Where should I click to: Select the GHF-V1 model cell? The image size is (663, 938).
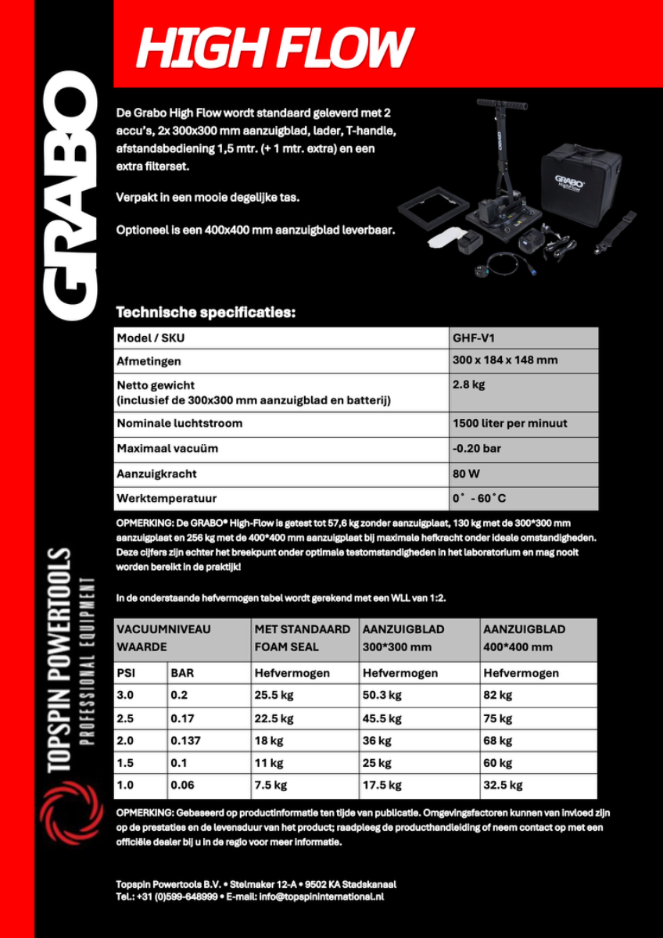click(x=474, y=338)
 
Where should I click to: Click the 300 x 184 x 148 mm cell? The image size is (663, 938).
click(x=505, y=360)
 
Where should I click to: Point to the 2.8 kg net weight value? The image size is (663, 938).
click(x=469, y=385)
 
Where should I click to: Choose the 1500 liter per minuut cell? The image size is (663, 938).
click(x=510, y=424)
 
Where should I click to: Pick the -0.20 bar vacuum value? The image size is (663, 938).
click(x=477, y=449)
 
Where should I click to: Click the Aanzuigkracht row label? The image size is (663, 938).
click(x=156, y=474)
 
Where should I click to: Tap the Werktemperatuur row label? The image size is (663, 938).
click(x=167, y=498)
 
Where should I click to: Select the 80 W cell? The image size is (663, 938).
click(x=466, y=474)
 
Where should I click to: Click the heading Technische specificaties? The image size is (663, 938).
click(x=206, y=313)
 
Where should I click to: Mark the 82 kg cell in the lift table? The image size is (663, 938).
click(x=498, y=695)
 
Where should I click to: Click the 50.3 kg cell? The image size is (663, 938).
click(x=382, y=695)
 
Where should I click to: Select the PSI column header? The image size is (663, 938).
click(x=126, y=673)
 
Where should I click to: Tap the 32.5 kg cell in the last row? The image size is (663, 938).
click(x=504, y=785)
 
